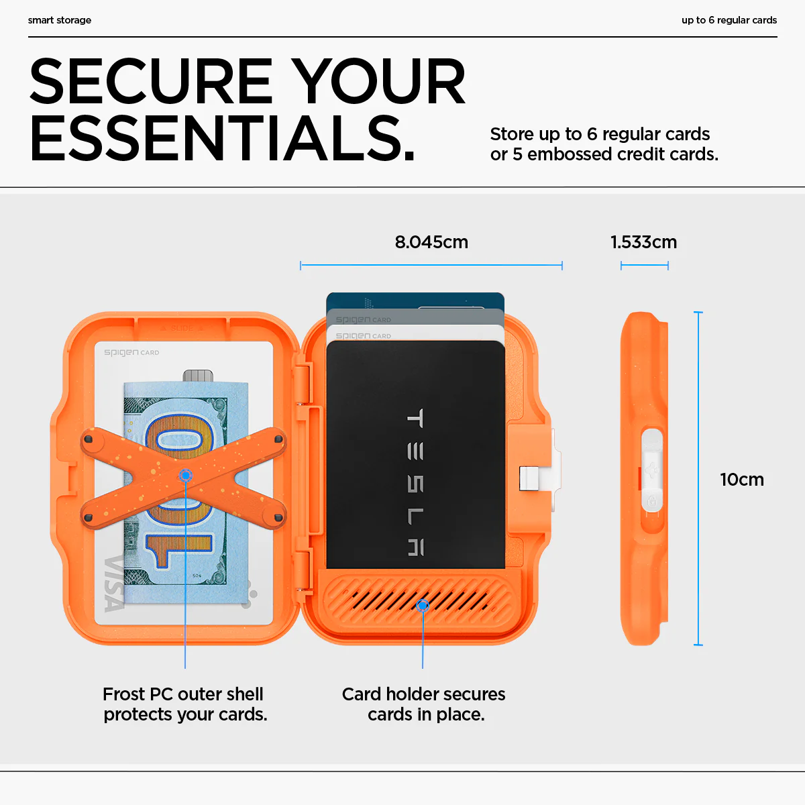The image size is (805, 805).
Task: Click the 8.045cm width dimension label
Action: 431,242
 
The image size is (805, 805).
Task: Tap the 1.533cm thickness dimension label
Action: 643,242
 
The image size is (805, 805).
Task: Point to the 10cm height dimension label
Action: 742,480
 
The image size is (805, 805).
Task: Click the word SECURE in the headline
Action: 151,80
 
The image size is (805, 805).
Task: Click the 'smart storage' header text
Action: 59,20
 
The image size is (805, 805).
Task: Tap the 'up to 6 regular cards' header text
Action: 729,20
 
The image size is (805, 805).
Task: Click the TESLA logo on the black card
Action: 415,482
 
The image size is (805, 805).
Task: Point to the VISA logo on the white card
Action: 114,584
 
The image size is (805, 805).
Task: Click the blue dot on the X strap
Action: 186,476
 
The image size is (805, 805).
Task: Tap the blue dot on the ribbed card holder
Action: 423,605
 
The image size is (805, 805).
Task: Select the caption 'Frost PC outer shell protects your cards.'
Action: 184,704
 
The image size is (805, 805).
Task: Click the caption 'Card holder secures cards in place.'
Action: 423,704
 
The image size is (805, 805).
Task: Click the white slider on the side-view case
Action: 651,470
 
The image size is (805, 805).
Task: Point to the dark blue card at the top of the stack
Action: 415,301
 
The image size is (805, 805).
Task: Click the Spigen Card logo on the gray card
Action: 363,319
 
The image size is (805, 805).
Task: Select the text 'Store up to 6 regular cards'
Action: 600,135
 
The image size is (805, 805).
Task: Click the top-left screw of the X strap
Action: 88,439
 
